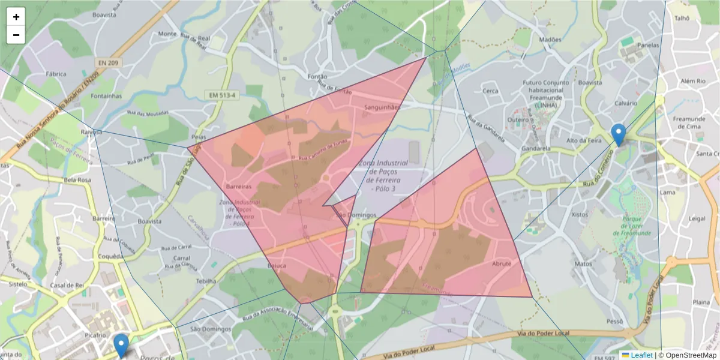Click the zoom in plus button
click(16, 17)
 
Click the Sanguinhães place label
click(382, 107)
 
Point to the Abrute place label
click(502, 264)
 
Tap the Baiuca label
click(277, 265)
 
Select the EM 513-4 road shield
click(223, 95)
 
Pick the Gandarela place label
click(536, 148)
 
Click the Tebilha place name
click(206, 281)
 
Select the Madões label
click(550, 40)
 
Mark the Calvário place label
click(625, 103)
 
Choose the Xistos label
click(580, 214)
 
